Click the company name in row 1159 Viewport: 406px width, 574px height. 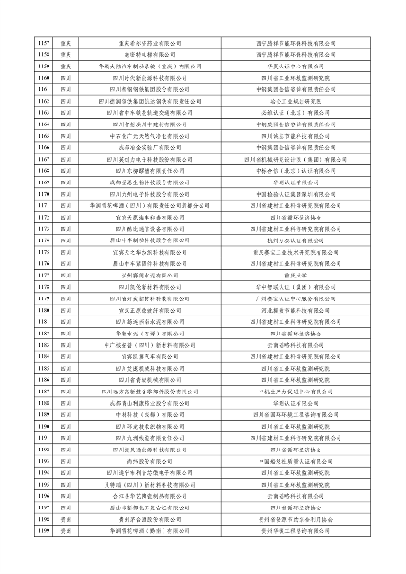(159, 66)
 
